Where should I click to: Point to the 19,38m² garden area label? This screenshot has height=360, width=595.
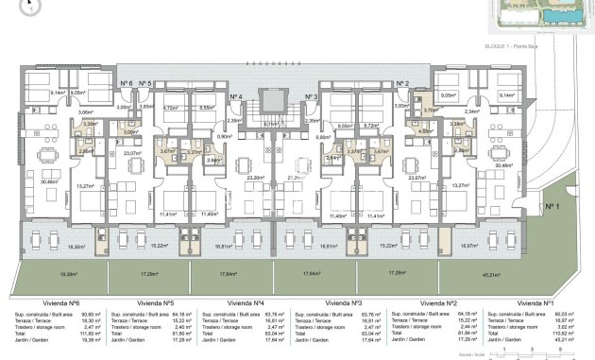(67, 274)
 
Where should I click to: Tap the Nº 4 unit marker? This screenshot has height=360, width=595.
(236, 97)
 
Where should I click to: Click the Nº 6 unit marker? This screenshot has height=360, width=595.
(127, 84)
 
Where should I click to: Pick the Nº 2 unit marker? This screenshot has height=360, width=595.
(401, 84)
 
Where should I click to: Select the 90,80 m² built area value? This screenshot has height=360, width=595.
(91, 314)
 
